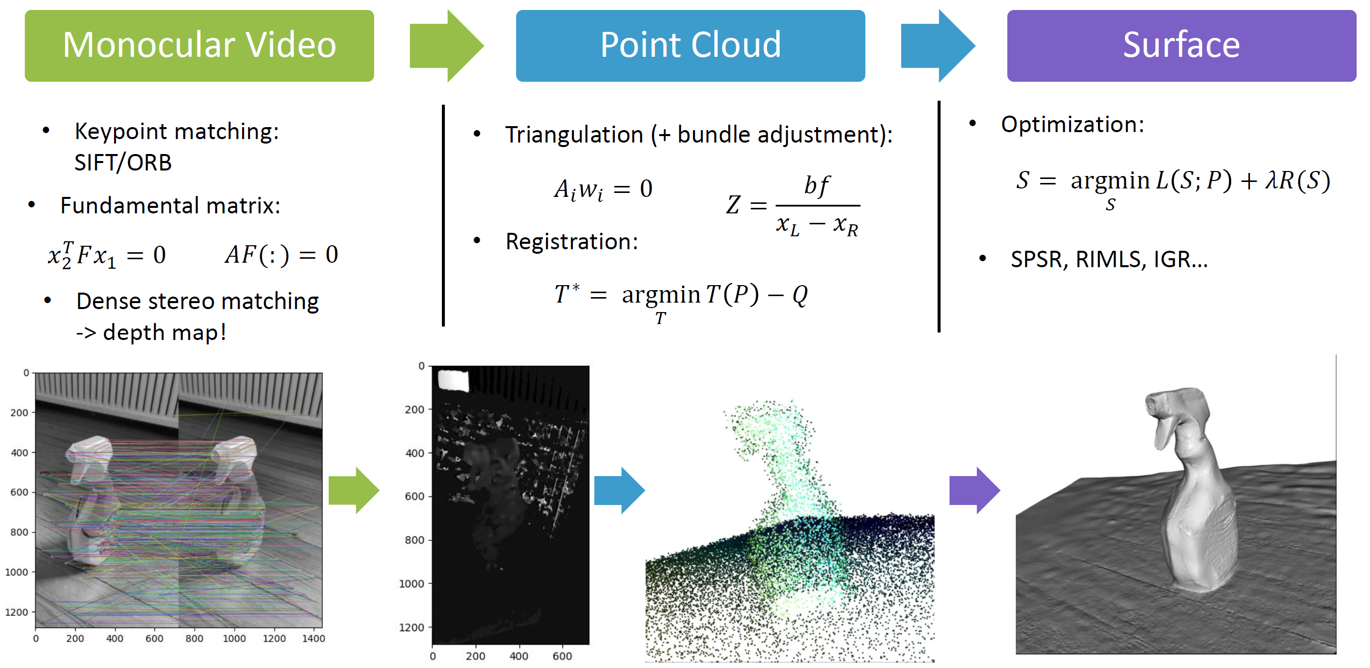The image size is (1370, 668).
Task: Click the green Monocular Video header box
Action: tap(199, 46)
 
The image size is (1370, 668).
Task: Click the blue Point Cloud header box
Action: tap(690, 46)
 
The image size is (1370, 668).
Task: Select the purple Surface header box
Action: tap(1182, 46)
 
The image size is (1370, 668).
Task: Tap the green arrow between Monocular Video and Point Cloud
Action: tap(447, 46)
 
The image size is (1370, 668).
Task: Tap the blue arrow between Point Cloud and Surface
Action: tap(938, 46)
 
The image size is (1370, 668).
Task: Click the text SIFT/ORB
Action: tap(123, 163)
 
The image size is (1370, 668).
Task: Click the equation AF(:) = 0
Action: tap(281, 254)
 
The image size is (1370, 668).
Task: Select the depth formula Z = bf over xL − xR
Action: tap(793, 206)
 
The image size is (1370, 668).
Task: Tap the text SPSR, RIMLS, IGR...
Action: tap(1109, 259)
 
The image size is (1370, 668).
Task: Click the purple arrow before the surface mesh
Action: tap(975, 490)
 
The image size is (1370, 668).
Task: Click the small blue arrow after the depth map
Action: tap(620, 490)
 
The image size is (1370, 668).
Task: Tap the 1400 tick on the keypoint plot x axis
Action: tap(314, 638)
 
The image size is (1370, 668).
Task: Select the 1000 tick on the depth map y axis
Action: tap(411, 583)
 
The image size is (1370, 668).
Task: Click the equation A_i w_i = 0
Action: tap(603, 189)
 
